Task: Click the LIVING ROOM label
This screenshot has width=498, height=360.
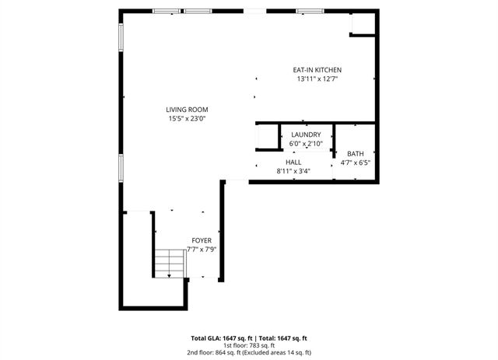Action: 187,110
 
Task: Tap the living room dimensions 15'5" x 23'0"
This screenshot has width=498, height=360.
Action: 187,119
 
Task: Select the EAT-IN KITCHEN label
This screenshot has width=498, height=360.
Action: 317,69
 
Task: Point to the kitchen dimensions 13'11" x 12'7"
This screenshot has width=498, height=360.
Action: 317,79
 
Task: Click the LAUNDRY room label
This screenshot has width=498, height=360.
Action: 305,135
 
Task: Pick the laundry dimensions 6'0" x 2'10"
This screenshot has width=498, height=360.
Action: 305,144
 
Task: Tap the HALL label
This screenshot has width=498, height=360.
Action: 293,162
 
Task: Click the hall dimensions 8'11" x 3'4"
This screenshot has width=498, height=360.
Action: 293,171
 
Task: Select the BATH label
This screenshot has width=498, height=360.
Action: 355,154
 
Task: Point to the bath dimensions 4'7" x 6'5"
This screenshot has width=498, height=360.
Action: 355,163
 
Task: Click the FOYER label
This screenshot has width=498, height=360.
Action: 202,241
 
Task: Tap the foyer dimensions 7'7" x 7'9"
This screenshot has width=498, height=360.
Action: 202,250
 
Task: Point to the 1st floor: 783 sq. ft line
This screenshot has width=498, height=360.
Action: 249,345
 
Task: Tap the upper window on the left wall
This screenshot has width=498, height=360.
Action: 121,38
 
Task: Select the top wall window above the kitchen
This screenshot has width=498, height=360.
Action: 309,11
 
